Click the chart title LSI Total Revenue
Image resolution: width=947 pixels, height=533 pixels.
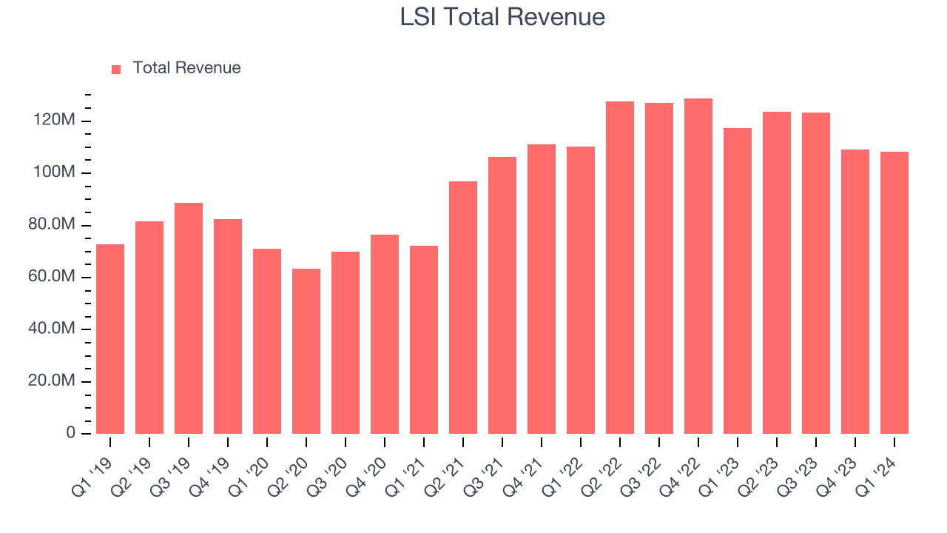(502, 17)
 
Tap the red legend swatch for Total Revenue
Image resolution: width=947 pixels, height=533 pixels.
(116, 69)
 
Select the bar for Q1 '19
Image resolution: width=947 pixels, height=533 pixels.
(110, 339)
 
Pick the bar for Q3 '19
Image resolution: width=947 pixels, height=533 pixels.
(189, 318)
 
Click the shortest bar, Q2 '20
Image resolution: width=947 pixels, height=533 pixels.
(306, 352)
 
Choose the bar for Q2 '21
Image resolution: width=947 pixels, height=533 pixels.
(463, 307)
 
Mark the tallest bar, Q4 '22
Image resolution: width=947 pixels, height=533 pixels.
(698, 266)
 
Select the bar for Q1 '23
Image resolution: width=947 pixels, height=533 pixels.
(738, 281)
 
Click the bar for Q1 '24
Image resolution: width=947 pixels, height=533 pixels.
(894, 292)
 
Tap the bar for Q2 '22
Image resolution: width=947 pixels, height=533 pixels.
(620, 267)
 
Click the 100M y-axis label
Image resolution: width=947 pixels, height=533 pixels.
(55, 172)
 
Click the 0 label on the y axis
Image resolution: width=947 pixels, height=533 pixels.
(71, 432)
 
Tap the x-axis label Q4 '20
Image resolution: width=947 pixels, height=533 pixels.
(378, 468)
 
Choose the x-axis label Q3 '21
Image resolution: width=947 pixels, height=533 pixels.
(496, 468)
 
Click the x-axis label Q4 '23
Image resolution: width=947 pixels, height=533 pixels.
(849, 468)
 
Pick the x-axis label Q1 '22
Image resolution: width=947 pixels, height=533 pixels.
(574, 468)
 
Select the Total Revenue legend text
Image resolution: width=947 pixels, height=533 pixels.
(186, 68)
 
